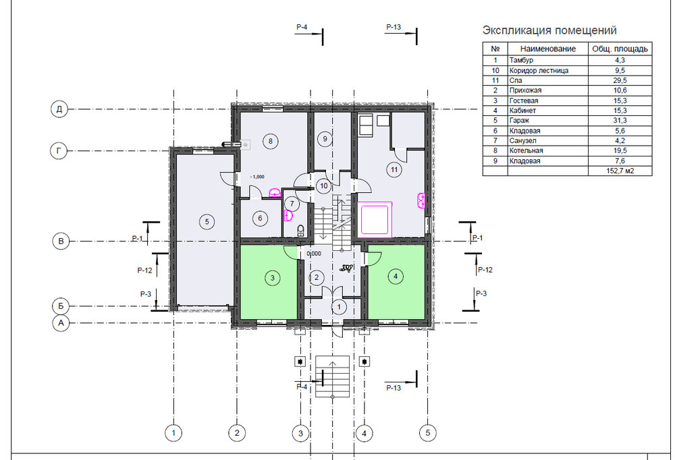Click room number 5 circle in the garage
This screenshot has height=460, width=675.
pyautogui.click(x=207, y=222)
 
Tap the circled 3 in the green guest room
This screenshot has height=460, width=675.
pyautogui.click(x=272, y=277)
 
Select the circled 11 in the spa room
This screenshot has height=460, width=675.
pyautogui.click(x=394, y=169)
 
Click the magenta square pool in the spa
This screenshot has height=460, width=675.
pyautogui.click(x=375, y=219)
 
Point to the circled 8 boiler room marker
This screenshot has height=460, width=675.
pyautogui.click(x=271, y=141)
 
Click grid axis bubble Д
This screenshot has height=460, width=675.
pyautogui.click(x=59, y=109)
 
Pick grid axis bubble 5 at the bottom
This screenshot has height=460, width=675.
pyautogui.click(x=427, y=432)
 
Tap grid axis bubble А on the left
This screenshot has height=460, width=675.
pyautogui.click(x=61, y=322)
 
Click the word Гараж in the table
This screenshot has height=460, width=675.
pyautogui.click(x=519, y=121)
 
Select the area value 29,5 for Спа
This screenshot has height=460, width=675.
pyautogui.click(x=620, y=80)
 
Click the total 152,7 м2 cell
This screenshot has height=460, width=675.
pyautogui.click(x=620, y=171)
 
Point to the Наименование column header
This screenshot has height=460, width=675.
pyautogui.click(x=548, y=49)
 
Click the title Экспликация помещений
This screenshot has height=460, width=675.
pyautogui.click(x=549, y=30)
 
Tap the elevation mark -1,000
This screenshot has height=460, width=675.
pyautogui.click(x=257, y=177)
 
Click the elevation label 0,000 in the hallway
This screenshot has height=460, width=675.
pyautogui.click(x=314, y=254)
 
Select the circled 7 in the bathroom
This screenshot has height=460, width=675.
pyautogui.click(x=292, y=204)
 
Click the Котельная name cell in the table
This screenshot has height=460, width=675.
pyautogui.click(x=526, y=150)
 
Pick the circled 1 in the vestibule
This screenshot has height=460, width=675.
pyautogui.click(x=339, y=307)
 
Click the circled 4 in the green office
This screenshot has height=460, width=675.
pyautogui.click(x=396, y=276)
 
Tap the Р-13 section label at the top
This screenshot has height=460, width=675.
pyautogui.click(x=394, y=27)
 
